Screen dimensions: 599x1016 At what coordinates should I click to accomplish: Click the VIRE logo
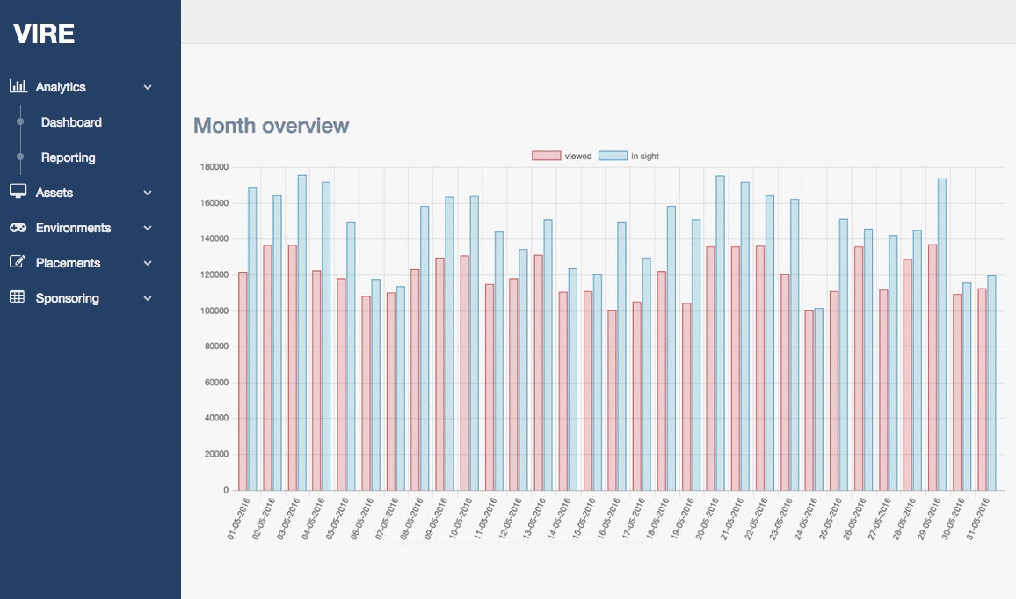(x=44, y=34)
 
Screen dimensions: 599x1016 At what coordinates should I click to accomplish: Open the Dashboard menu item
(x=71, y=122)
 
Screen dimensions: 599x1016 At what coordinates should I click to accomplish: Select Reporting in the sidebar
(x=68, y=157)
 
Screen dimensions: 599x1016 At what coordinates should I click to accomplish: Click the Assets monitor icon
(x=18, y=192)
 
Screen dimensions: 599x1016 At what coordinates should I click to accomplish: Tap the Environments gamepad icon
(x=18, y=228)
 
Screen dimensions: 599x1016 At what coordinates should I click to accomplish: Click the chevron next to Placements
(x=148, y=263)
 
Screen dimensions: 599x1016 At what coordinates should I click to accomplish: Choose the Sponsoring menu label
(x=67, y=298)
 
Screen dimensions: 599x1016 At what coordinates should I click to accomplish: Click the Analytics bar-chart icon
(x=18, y=86)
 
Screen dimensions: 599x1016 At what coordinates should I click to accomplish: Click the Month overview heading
(x=271, y=126)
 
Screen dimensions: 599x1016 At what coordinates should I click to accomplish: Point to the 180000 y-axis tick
(x=214, y=167)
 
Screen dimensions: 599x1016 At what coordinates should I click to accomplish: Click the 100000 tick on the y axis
(x=214, y=310)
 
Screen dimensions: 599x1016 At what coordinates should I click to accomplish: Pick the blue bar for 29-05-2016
(x=942, y=334)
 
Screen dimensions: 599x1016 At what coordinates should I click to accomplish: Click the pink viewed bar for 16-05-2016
(x=612, y=400)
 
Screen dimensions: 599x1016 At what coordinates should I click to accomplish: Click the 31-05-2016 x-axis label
(x=980, y=519)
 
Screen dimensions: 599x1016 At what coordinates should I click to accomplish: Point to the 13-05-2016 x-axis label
(x=537, y=519)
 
